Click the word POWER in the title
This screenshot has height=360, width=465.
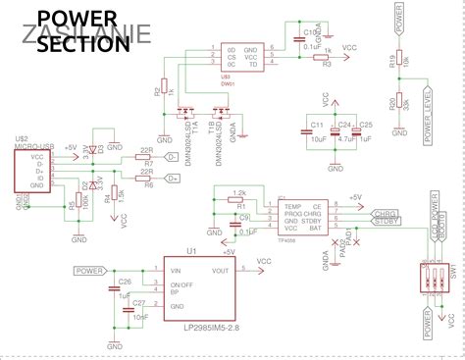pyautogui.click(x=75, y=20)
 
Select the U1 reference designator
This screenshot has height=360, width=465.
pyautogui.click(x=192, y=251)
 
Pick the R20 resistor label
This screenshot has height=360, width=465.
pyautogui.click(x=390, y=103)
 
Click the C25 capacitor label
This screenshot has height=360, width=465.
pyautogui.click(x=366, y=125)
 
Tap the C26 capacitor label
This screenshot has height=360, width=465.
pyautogui.click(x=125, y=282)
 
